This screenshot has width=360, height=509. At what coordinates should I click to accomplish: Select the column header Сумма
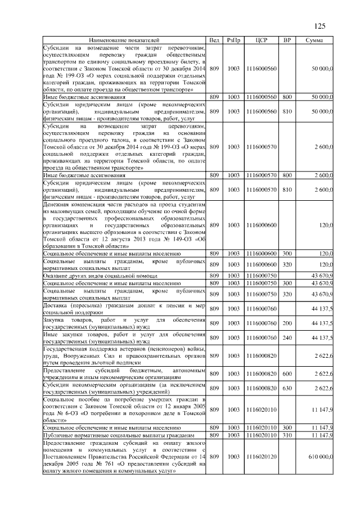click(314, 40)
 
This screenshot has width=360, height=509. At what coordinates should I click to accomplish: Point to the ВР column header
click(287, 40)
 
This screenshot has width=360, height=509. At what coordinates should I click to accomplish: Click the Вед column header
click(214, 40)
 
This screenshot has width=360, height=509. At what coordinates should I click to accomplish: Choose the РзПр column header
click(233, 40)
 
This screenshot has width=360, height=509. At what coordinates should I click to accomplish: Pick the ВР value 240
click(287, 337)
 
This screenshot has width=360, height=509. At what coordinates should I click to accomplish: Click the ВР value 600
click(287, 373)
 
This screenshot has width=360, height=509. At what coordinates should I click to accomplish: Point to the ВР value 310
click(287, 435)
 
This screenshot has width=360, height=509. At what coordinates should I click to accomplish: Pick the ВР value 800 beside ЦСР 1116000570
click(287, 176)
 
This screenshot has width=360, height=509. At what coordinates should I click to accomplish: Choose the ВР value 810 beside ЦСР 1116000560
click(287, 112)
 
